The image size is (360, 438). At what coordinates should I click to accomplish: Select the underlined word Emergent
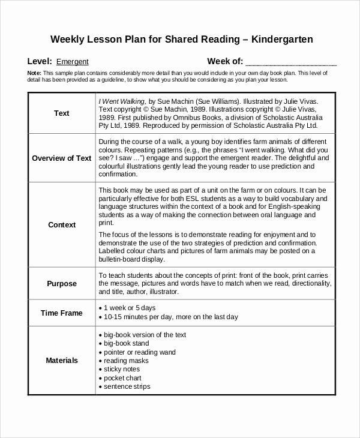coord(72,61)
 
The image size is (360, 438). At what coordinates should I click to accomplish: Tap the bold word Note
coord(34,72)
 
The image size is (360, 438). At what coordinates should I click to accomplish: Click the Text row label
coord(62,113)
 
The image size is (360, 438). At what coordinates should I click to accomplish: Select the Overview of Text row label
coord(62,158)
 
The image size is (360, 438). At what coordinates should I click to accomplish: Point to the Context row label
coord(62,225)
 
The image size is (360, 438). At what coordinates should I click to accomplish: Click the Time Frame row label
coord(62,313)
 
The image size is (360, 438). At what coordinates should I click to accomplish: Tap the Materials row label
coord(62,361)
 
